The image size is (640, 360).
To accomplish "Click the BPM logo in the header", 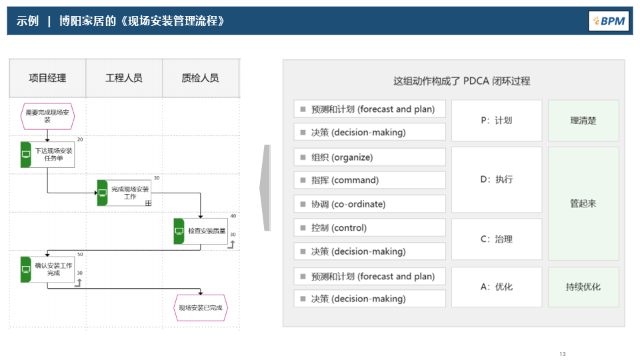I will coord(609,21).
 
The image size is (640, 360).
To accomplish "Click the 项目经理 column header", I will coord(47,78).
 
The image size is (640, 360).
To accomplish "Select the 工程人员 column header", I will coord(124,78).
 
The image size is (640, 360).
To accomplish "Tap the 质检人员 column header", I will coord(200,78).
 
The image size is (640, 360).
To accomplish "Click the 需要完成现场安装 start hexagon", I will coord(47,116).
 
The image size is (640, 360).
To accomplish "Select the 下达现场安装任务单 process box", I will coord(48,155).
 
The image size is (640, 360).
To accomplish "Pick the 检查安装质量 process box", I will coord(201,231).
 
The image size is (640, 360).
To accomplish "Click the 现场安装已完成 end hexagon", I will coord(201,308).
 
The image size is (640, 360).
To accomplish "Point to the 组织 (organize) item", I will coord(369,157).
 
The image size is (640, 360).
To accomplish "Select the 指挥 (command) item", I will coord(369,180).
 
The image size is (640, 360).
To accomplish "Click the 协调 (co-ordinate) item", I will coord(369,204).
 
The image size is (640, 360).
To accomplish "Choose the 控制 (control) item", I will coord(369,228).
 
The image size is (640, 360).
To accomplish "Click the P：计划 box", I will coord(497,121).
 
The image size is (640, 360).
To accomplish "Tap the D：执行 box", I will coord(497,180).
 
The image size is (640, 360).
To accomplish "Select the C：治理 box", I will coord(497,239).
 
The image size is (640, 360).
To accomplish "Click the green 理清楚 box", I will coord(583,121).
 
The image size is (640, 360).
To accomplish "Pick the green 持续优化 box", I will coord(583,287).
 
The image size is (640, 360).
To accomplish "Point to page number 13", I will coord(563,353).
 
